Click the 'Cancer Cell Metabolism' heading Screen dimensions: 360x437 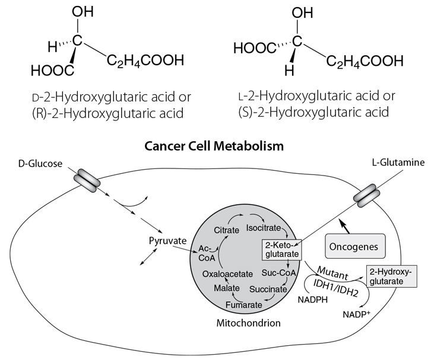[218, 145]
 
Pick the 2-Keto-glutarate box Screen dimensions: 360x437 [282, 250]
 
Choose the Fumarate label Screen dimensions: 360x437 [245, 305]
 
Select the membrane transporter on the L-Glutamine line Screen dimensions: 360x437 [364, 196]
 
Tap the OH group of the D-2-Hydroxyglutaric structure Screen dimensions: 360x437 [82, 12]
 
